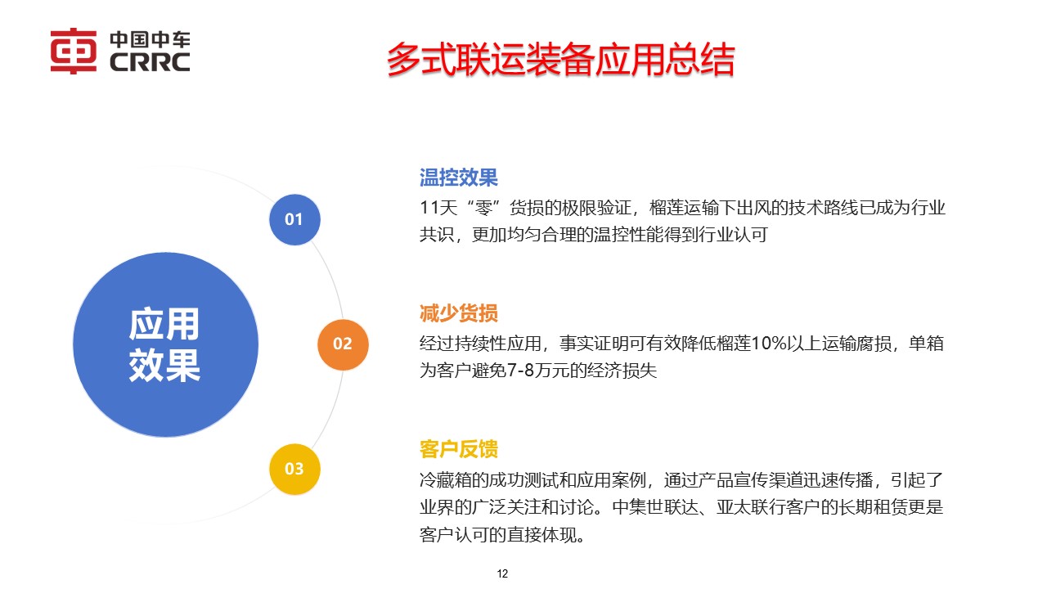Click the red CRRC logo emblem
click(74, 52)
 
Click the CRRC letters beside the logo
click(149, 62)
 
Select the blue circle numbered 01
click(294, 219)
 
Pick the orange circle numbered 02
click(343, 344)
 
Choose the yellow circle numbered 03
click(294, 470)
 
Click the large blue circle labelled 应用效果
click(165, 344)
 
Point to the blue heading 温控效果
click(458, 178)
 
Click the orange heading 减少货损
click(458, 313)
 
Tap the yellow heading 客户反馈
click(458, 449)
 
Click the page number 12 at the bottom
click(503, 573)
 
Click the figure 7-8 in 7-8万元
click(523, 371)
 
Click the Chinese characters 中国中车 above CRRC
click(149, 39)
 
